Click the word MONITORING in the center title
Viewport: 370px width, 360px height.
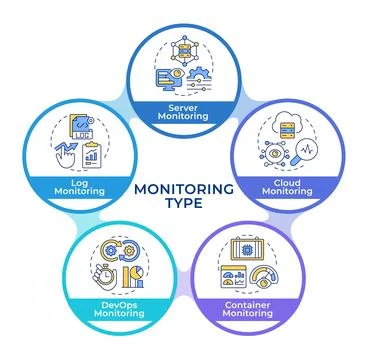coord(185,187)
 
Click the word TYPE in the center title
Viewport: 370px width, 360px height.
coord(185,203)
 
